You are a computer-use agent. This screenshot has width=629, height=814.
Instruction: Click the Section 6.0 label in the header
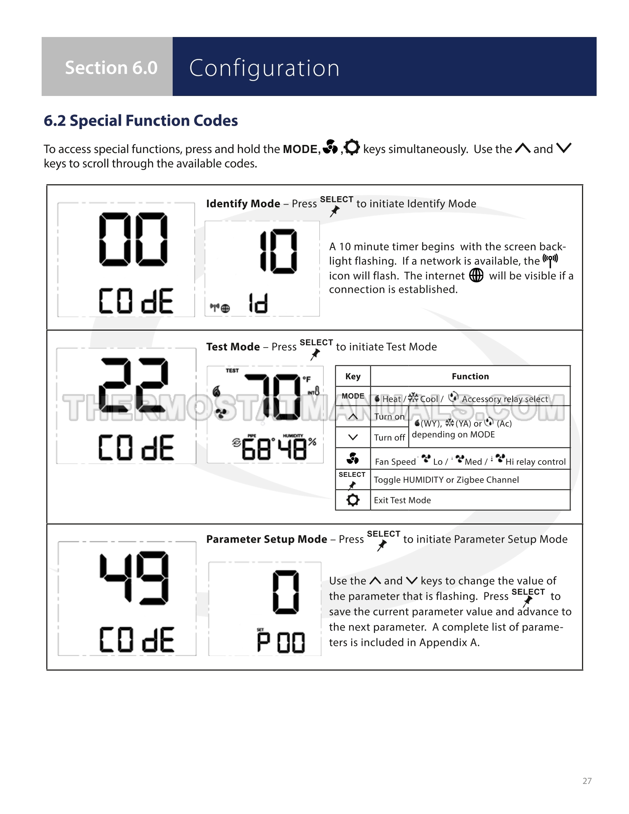[x=111, y=68]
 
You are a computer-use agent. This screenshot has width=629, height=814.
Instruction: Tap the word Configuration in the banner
[x=264, y=68]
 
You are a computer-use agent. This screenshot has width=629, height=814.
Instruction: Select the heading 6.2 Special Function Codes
[x=141, y=121]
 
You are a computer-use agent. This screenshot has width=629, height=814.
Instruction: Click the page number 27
[x=587, y=781]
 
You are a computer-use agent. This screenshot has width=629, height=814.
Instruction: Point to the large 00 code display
[x=133, y=239]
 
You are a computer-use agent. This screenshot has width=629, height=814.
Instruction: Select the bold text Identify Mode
[x=243, y=203]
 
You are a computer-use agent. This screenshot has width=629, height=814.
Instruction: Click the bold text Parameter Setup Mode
[x=267, y=539]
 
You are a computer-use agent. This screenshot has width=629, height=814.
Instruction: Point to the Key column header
[x=353, y=377]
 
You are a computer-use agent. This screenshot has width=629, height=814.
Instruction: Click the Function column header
[x=470, y=377]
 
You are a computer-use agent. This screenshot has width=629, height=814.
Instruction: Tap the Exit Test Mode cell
[x=402, y=500]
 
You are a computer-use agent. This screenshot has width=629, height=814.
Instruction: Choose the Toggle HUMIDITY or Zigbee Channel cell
[x=446, y=480]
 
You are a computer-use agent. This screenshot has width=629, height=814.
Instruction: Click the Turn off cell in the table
[x=389, y=438]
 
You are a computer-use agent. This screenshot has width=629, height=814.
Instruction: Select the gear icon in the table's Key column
[x=353, y=500]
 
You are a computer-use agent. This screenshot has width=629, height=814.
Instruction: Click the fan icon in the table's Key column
[x=353, y=459]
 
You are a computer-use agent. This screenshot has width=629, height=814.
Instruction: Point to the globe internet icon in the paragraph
[x=476, y=276]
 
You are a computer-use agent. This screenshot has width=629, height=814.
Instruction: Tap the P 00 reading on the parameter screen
[x=281, y=642]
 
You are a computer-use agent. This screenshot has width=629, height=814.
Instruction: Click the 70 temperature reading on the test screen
[x=274, y=396]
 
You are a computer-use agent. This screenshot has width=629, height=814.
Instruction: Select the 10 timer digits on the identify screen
[x=278, y=251]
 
